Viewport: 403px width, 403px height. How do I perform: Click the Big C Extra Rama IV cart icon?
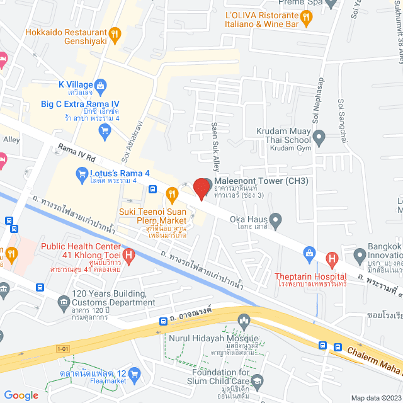(x=105, y=130)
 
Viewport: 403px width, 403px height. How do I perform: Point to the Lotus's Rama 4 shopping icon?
(x=81, y=173)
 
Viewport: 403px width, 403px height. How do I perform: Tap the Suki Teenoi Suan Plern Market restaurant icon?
(x=170, y=193)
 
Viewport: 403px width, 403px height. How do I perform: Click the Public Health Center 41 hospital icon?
(x=129, y=255)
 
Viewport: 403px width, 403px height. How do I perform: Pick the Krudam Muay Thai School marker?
(x=319, y=135)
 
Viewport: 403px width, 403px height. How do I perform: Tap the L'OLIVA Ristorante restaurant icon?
(x=307, y=18)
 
